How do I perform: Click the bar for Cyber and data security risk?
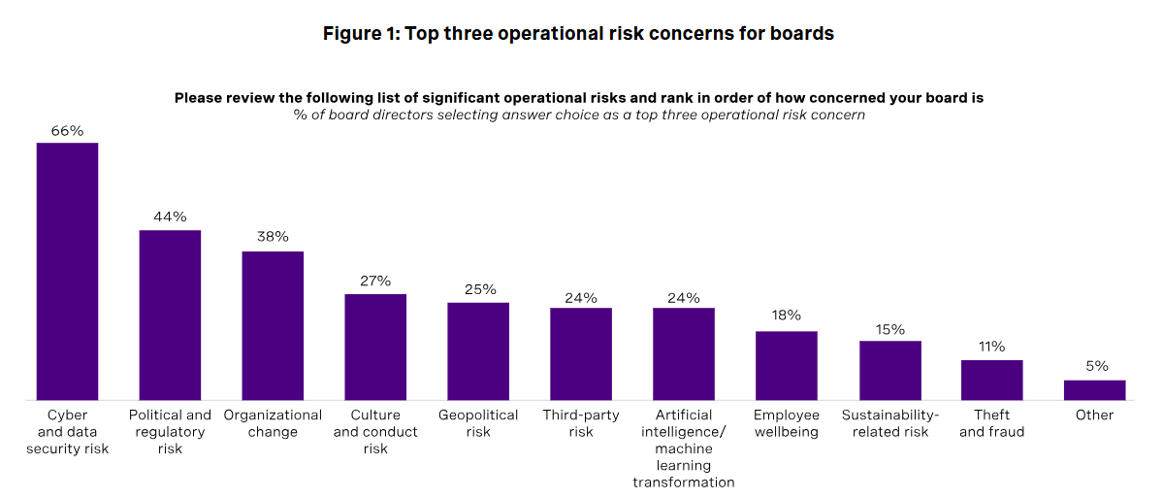point(67,271)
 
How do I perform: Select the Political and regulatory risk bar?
point(170,315)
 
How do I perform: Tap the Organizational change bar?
point(273,325)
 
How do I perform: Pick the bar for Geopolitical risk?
point(478,350)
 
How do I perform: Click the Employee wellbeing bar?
point(787,365)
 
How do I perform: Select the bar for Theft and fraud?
point(991,380)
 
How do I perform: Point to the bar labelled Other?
point(1094,389)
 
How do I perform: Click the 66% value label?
point(67,129)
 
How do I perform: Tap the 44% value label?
point(170,216)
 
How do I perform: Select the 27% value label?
point(375,281)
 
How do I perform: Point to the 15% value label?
point(889,328)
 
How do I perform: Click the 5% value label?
point(1094,366)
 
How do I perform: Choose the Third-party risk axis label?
point(581,423)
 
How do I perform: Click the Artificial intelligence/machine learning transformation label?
point(684,449)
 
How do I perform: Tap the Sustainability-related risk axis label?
point(889,423)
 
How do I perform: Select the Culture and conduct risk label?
point(375,432)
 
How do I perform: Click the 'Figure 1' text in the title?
point(360,34)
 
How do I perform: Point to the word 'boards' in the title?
point(801,34)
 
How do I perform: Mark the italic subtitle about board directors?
point(579,115)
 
